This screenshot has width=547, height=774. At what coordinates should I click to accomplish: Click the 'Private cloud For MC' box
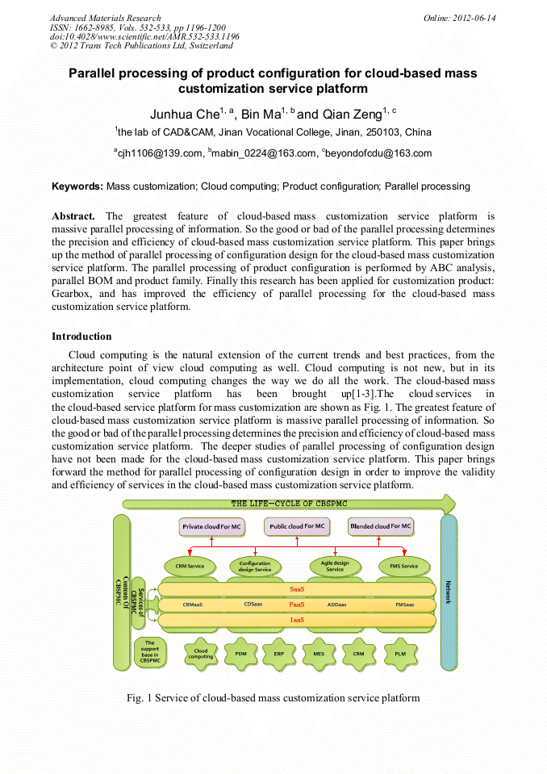pos(211,526)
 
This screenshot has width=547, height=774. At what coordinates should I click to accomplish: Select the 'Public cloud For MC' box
pos(296,526)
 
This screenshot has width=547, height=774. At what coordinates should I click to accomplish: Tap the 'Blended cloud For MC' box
pos(381,526)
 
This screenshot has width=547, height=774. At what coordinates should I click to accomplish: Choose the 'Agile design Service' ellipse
pos(335,566)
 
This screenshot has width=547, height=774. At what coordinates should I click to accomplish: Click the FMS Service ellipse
pos(404,566)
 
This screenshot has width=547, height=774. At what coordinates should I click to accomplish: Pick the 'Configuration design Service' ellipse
pos(256,566)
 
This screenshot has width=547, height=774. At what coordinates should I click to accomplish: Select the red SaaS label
pos(296,589)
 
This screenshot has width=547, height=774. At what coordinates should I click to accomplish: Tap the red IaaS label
pos(296,619)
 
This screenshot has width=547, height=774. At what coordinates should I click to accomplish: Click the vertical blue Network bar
pos(449,593)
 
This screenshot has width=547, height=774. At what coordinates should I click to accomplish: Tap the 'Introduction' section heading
pos(81,336)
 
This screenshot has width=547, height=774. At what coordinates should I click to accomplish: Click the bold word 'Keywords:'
pos(77,186)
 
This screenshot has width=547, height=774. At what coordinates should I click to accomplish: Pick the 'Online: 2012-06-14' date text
pos(459,18)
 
